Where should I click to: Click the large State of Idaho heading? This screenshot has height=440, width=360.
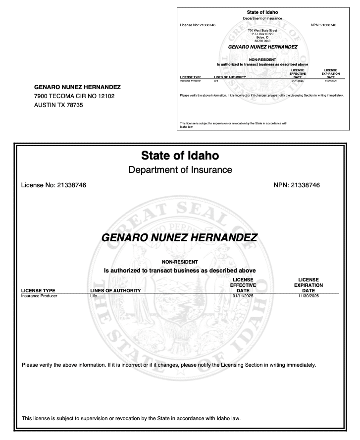(180, 156)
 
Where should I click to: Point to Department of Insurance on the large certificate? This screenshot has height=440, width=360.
(180, 170)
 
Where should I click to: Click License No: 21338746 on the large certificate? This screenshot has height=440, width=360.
(54, 185)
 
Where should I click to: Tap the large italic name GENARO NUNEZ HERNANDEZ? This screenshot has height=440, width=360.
(179, 238)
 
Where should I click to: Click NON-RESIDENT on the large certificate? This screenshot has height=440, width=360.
(180, 262)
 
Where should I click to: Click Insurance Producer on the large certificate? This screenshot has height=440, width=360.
(39, 295)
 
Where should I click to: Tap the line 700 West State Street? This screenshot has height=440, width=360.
(262, 30)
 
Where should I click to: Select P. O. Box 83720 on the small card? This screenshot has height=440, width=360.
(262, 33)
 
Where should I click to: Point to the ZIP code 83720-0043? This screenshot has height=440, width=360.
(262, 40)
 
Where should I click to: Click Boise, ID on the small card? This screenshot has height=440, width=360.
(262, 37)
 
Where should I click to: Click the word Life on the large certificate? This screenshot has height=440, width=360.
(93, 295)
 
